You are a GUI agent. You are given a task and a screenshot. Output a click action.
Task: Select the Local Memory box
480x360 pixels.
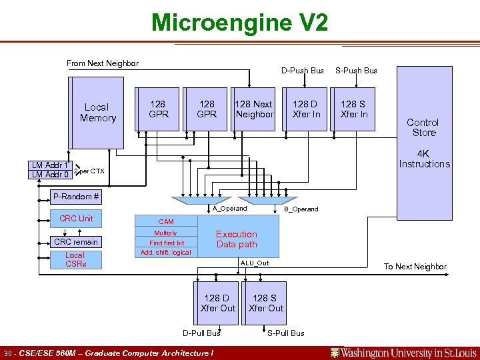coord(97,113)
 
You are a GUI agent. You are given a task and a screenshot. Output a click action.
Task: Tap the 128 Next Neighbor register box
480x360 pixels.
coord(253,109)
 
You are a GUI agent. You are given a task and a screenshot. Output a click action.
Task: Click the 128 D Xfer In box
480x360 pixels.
coord(306,109)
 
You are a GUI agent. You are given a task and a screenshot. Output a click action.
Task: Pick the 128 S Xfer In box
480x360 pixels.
coord(354,109)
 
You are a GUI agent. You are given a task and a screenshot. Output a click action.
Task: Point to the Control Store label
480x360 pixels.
coord(423,127)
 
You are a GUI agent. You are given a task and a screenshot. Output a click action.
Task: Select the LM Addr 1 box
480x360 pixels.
coord(51,165)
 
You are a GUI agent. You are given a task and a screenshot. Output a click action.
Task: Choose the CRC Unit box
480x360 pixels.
coord(76,219)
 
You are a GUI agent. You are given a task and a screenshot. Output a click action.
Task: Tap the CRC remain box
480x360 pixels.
coord(76,242)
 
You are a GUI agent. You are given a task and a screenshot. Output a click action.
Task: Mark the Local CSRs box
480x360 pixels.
coord(75,259)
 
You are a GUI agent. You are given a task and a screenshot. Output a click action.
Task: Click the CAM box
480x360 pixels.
coord(165,221)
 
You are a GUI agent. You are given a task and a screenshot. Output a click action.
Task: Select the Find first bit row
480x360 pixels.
coord(166,243)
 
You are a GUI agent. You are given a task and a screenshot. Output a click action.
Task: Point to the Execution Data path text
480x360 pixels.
coord(237,239)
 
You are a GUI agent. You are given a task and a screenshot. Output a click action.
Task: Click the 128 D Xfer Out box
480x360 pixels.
coord(218,303)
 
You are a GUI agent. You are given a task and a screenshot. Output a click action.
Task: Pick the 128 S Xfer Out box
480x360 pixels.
coord(266,303)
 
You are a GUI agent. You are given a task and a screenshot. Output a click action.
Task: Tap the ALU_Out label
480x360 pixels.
coord(254,263)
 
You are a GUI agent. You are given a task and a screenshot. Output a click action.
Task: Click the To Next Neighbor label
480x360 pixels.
coord(415,267)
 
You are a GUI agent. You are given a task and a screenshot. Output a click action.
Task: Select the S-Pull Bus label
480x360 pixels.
coord(286,333)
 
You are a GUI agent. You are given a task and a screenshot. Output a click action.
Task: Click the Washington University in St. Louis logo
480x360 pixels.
coord(404,353)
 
